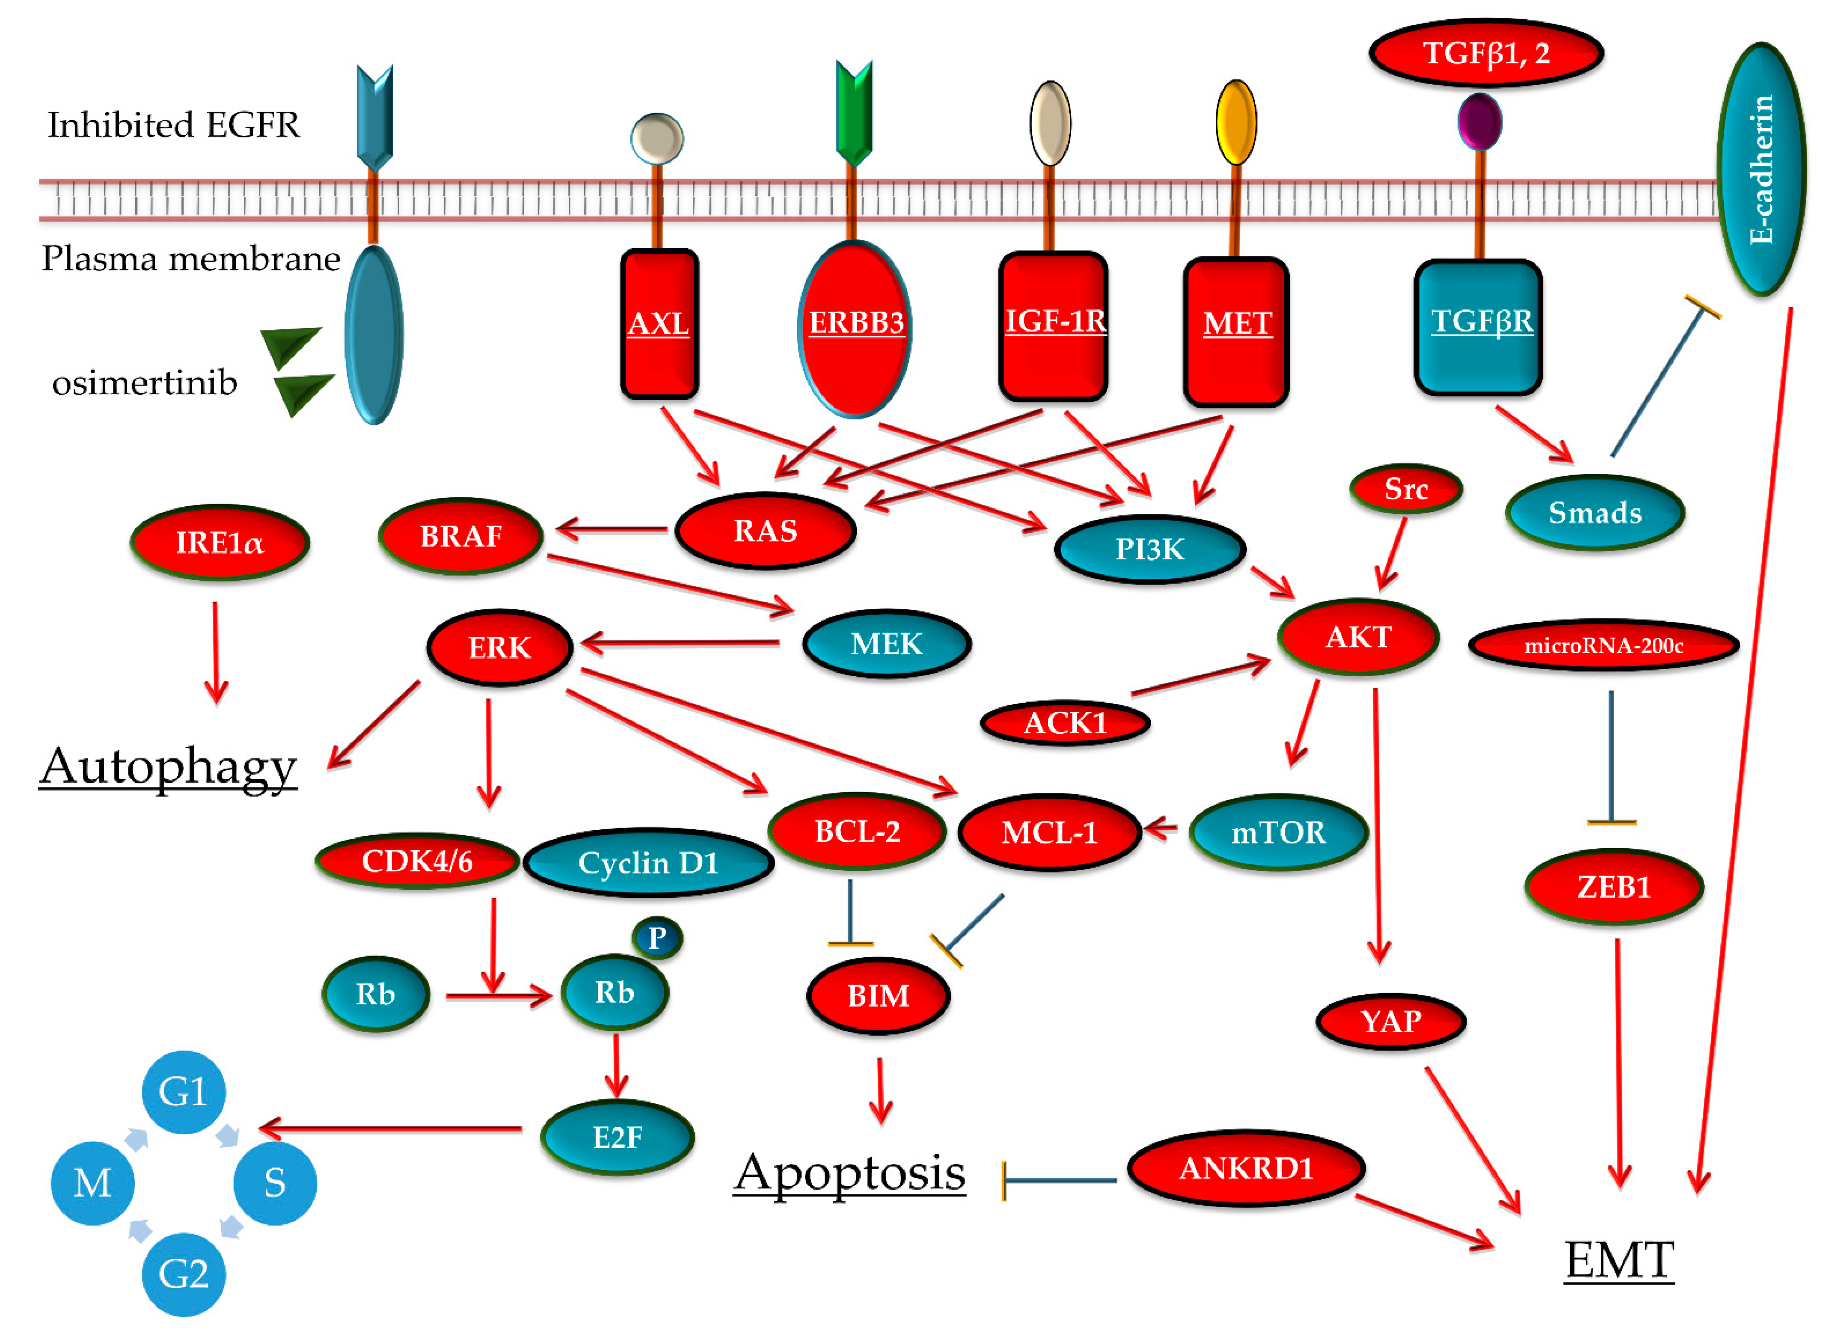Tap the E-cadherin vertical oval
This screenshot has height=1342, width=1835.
pos(1760,169)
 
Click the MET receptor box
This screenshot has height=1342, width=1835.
pos(1235,332)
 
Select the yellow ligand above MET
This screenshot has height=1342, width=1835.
pos(1235,122)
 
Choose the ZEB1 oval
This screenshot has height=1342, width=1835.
pos(1613,886)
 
